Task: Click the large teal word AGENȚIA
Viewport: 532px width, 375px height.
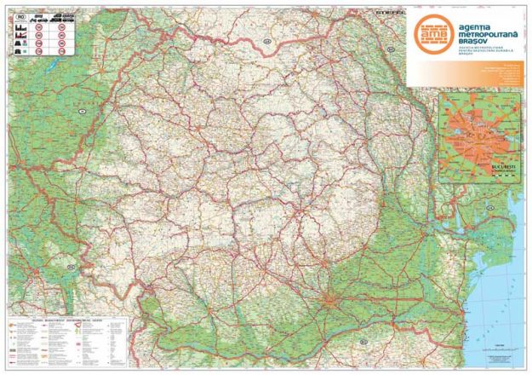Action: click(480, 26)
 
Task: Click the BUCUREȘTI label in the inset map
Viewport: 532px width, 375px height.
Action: click(501, 159)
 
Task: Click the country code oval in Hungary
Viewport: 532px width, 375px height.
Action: click(83, 111)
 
